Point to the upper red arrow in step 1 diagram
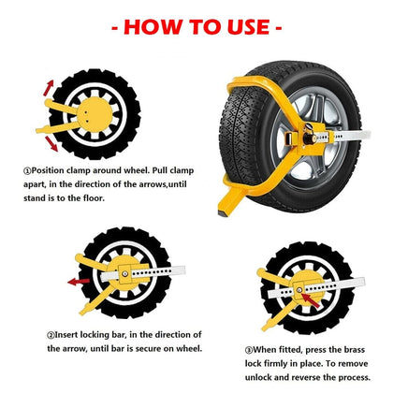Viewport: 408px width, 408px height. pyautogui.click(x=48, y=91)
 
